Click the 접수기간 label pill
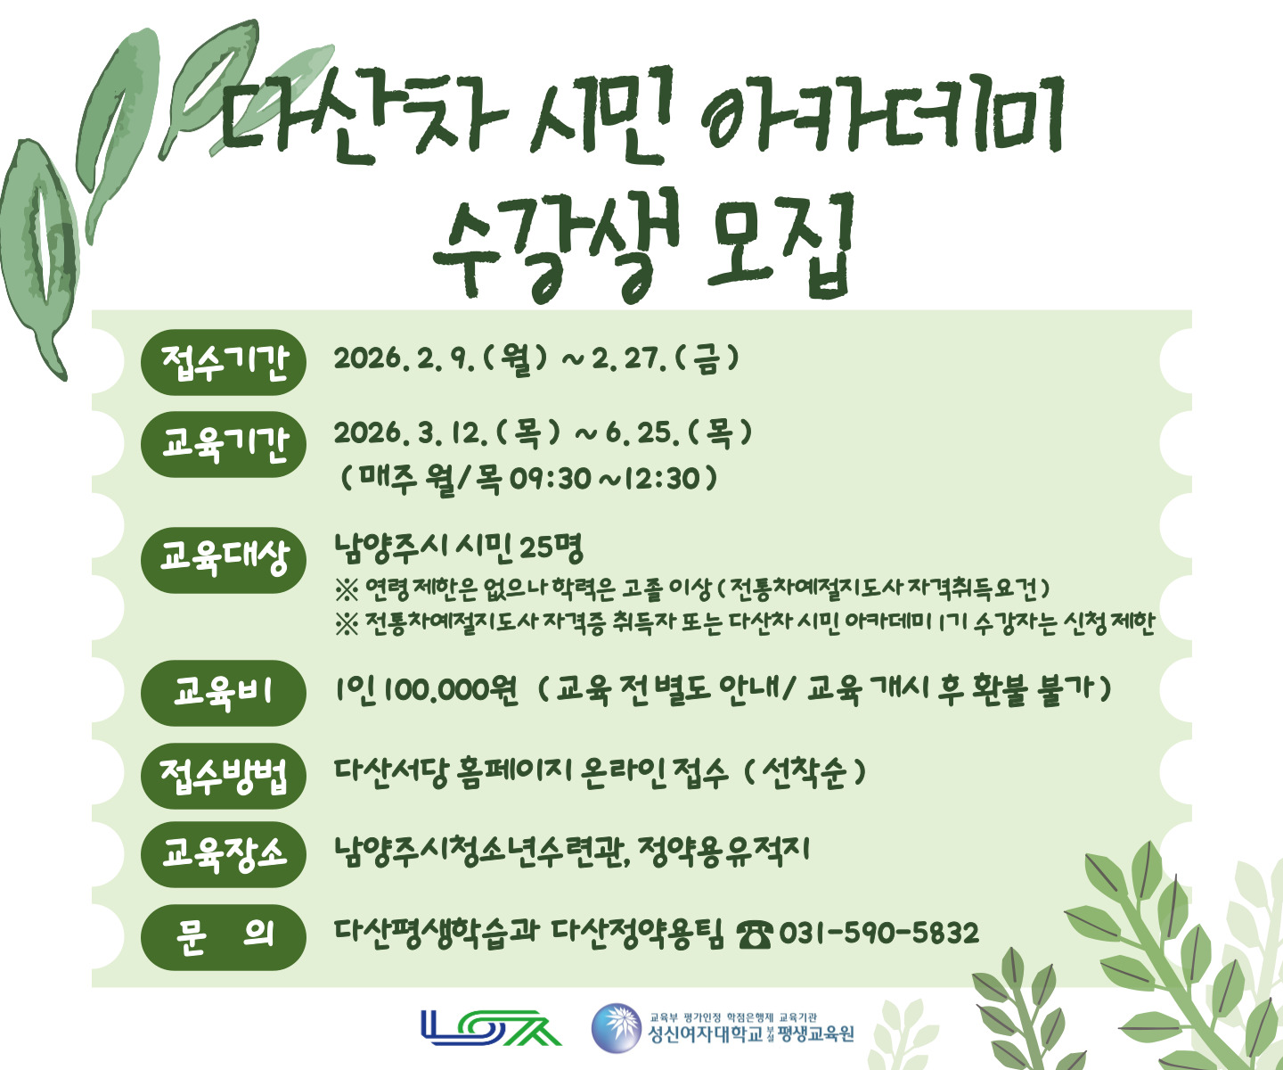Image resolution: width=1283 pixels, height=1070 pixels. pos(224,362)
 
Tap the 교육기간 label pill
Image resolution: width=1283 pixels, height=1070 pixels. pos(224,444)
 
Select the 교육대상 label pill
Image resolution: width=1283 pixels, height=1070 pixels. pos(224,559)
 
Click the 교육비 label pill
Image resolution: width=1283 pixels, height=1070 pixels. pos(224,692)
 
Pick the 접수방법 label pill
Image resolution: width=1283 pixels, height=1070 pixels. pos(224,775)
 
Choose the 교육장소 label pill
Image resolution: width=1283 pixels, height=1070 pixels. pos(224,854)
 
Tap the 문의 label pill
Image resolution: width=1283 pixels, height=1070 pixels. pos(224,936)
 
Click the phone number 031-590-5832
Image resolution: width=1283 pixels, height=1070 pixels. pos(878,934)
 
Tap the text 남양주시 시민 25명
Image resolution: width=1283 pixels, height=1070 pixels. pos(459,547)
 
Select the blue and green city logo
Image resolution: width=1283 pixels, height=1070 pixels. pos(491,1027)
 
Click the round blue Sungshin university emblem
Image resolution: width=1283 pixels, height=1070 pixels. pos(616,1028)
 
